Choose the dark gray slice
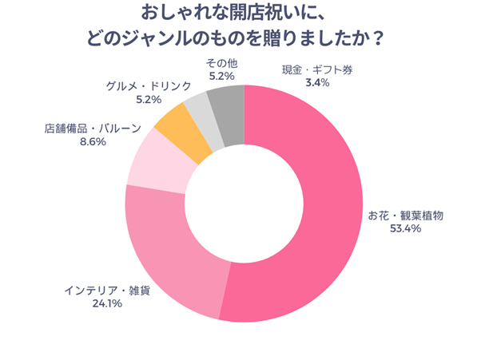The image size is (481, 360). click(227, 104)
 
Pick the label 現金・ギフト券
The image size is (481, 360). click(317, 69)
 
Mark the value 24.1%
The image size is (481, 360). click(106, 303)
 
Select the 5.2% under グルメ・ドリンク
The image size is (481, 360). click(149, 99)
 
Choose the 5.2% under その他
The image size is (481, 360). click(220, 76)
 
